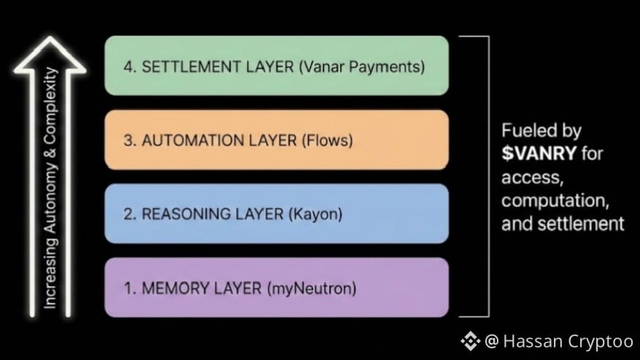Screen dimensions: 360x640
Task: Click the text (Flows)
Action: (327, 140)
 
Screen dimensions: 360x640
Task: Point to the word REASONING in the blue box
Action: (182, 214)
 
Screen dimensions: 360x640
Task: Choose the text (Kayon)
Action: (315, 214)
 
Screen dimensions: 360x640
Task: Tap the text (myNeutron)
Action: (312, 288)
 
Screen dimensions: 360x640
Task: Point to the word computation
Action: (554, 200)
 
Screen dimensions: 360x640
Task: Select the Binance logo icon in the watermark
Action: (469, 340)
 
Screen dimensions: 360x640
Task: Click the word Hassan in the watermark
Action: (531, 340)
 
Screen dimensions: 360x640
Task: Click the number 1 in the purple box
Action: (128, 288)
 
